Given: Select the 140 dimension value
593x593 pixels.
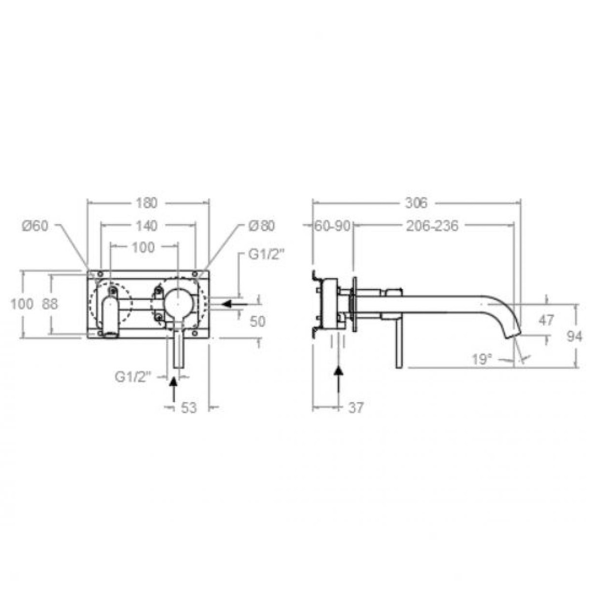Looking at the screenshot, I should click(146, 226).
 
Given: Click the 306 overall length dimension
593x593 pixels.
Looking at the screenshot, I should click(416, 203).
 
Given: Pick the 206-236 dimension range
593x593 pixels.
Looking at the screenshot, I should click(432, 226).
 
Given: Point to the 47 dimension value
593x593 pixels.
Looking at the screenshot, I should click(546, 320).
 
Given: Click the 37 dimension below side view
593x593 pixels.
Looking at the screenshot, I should click(356, 408).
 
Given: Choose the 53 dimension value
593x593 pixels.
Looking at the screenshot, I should click(188, 408).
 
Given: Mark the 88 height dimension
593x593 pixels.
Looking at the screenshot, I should click(49, 303).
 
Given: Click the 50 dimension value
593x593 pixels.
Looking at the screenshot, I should click(257, 321).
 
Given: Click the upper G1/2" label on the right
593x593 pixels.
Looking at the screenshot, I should click(267, 255).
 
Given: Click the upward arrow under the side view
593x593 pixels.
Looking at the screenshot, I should click(339, 381).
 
